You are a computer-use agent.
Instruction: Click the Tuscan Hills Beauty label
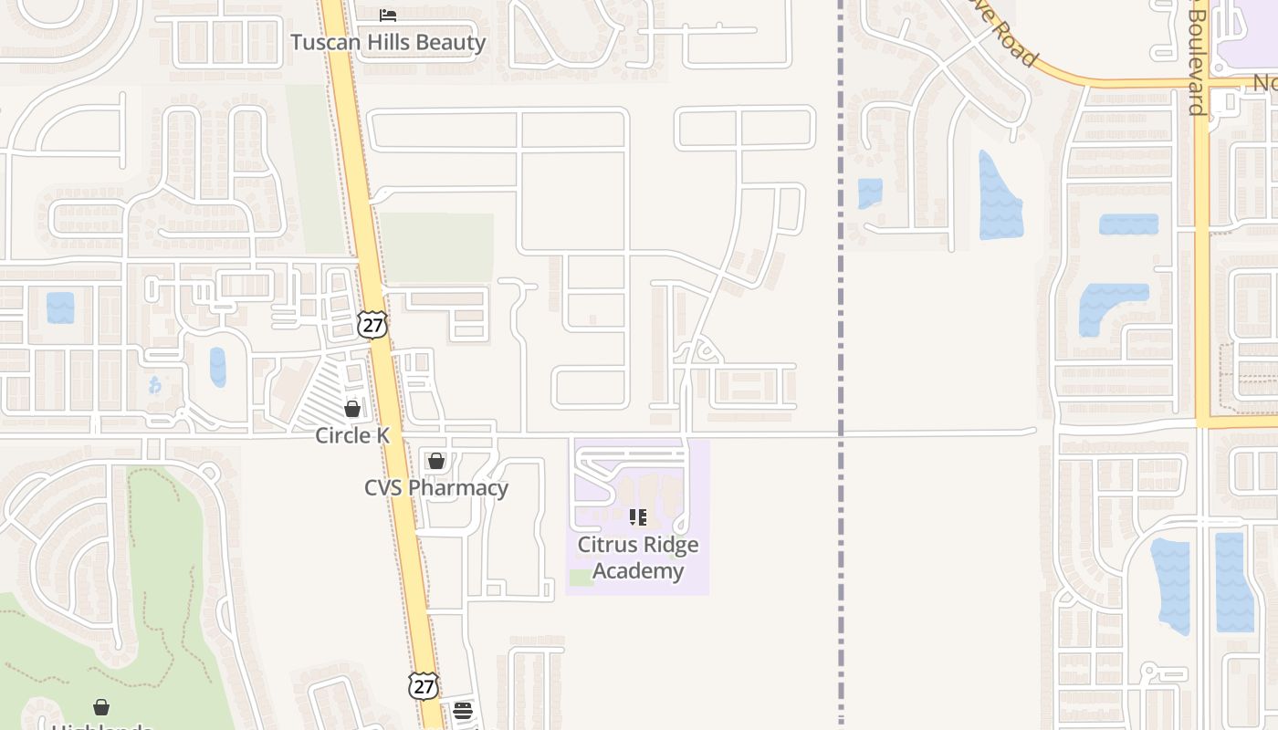click(x=388, y=42)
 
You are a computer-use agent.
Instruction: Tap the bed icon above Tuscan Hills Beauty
click(x=388, y=16)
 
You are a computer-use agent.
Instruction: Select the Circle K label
click(x=352, y=435)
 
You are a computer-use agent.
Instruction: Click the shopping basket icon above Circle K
click(x=352, y=409)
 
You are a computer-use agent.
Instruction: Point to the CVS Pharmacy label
click(x=436, y=487)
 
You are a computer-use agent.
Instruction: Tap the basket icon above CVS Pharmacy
click(x=436, y=461)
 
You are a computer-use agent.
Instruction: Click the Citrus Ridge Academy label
click(x=638, y=558)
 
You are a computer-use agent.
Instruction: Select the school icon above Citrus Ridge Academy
click(x=638, y=517)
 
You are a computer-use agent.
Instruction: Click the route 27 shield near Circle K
click(x=372, y=325)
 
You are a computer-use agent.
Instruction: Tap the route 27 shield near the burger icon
click(x=424, y=686)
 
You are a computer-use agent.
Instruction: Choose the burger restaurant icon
click(x=463, y=711)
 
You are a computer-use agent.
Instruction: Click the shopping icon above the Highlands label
click(x=101, y=707)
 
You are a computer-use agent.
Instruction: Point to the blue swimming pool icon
click(x=155, y=385)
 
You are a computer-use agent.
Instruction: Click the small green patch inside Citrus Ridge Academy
click(x=581, y=578)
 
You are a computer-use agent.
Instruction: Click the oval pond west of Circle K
click(x=217, y=367)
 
